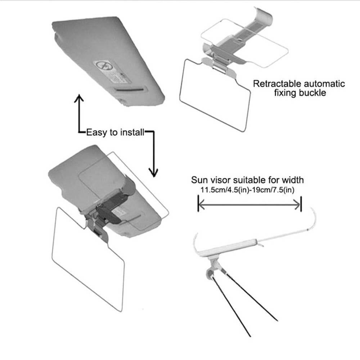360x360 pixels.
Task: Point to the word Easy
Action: click(x=97, y=132)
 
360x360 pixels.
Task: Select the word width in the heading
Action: click(x=293, y=180)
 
